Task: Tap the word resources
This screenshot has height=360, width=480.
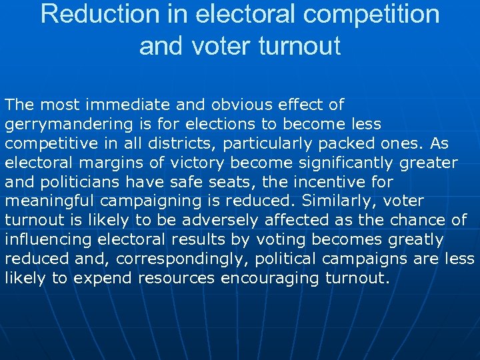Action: point(175,279)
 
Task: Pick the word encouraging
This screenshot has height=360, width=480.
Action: point(273,279)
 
